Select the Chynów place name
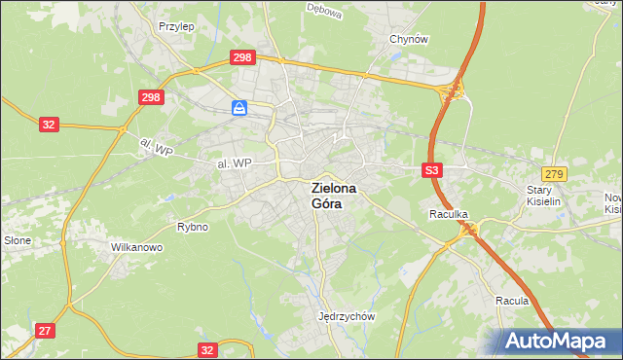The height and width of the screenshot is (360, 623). (x=409, y=39)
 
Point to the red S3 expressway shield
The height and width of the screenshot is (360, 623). (x=433, y=170)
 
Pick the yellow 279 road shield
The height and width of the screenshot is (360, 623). (x=555, y=172)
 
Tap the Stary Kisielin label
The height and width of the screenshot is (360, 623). (x=545, y=197)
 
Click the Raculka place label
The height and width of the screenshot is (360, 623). (x=450, y=213)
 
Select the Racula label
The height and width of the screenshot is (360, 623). (x=511, y=301)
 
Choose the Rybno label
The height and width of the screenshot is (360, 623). (x=193, y=227)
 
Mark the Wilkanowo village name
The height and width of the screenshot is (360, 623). (x=136, y=247)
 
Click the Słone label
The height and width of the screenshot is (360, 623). (x=18, y=239)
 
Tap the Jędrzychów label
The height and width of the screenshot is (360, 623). (x=347, y=316)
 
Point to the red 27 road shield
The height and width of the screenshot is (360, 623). (x=45, y=331)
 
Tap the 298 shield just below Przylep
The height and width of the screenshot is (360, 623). (x=242, y=57)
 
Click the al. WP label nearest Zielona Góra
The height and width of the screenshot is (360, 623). (x=235, y=163)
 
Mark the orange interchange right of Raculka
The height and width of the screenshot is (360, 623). (x=471, y=230)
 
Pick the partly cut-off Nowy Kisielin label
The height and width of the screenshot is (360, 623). (x=612, y=202)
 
